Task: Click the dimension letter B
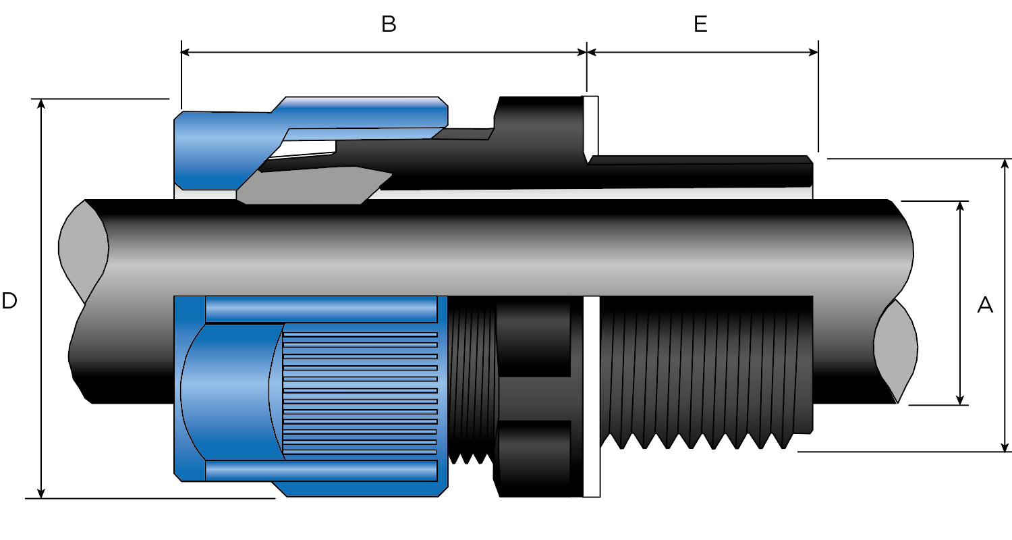[x=389, y=24]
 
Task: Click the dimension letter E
[x=700, y=24]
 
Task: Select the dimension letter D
[x=9, y=301]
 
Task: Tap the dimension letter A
[x=985, y=305]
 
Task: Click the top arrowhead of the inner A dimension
[x=960, y=206]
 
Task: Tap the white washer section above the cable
[x=590, y=125]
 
